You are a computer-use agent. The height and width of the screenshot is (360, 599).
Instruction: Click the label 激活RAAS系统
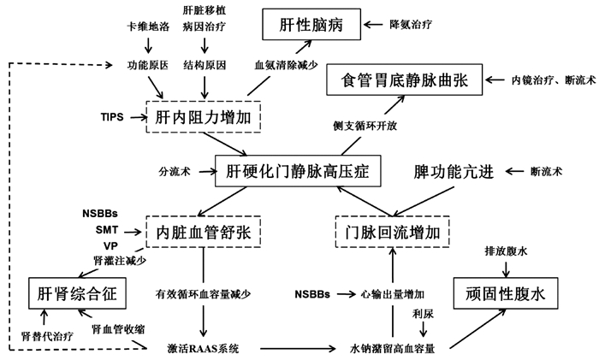(204, 348)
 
